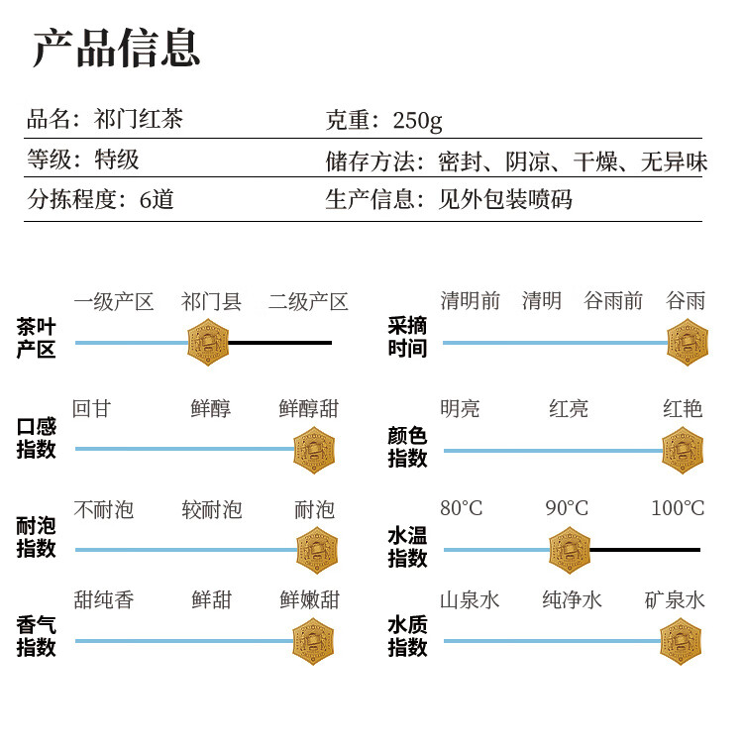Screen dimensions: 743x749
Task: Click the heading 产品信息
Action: tap(116, 48)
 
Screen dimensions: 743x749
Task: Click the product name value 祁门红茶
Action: tap(138, 119)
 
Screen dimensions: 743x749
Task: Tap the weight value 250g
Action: tap(417, 121)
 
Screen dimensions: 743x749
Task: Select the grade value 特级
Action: tap(117, 160)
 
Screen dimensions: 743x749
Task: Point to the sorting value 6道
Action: tap(157, 200)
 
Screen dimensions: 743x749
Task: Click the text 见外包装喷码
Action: tap(505, 200)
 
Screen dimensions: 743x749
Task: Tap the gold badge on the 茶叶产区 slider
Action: tap(208, 343)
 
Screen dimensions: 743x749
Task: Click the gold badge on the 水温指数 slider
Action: tap(570, 550)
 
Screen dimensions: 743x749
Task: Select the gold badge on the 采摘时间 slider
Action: tap(688, 343)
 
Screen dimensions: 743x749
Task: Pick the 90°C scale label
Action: tap(567, 508)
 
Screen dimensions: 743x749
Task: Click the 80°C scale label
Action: tap(462, 508)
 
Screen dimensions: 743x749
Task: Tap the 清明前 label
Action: tap(470, 301)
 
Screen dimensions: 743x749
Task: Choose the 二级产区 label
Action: tap(308, 302)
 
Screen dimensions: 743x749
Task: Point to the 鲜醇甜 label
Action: tap(309, 409)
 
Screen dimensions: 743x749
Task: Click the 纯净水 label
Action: tap(572, 600)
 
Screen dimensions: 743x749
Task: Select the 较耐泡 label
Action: tap(212, 510)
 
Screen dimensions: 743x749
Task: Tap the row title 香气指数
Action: tap(36, 636)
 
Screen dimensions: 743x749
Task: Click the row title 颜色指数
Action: tap(407, 447)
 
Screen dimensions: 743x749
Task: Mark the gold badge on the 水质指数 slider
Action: tap(681, 641)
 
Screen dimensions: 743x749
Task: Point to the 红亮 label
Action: tap(569, 409)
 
